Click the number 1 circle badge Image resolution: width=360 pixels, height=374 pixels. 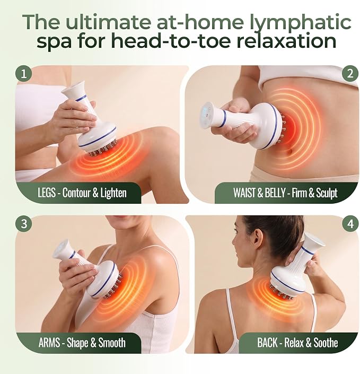click(24, 74)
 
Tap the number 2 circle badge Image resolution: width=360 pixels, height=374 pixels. click(350, 74)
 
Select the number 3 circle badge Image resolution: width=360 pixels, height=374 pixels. click(24, 224)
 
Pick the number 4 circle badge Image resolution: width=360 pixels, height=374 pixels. click(350, 224)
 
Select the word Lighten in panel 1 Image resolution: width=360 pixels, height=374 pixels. click(113, 193)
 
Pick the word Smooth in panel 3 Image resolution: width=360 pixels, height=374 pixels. click(112, 343)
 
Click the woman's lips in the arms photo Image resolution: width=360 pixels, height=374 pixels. click(119, 220)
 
